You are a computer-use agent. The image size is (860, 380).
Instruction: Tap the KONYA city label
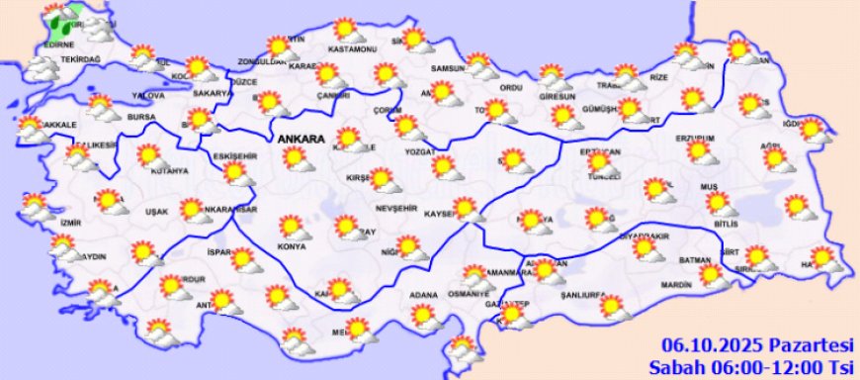(x=291, y=246)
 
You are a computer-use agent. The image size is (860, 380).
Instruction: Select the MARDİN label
(x=676, y=285)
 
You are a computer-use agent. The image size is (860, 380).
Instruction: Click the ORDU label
(x=510, y=88)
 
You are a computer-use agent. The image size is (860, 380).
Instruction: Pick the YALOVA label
(x=146, y=96)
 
